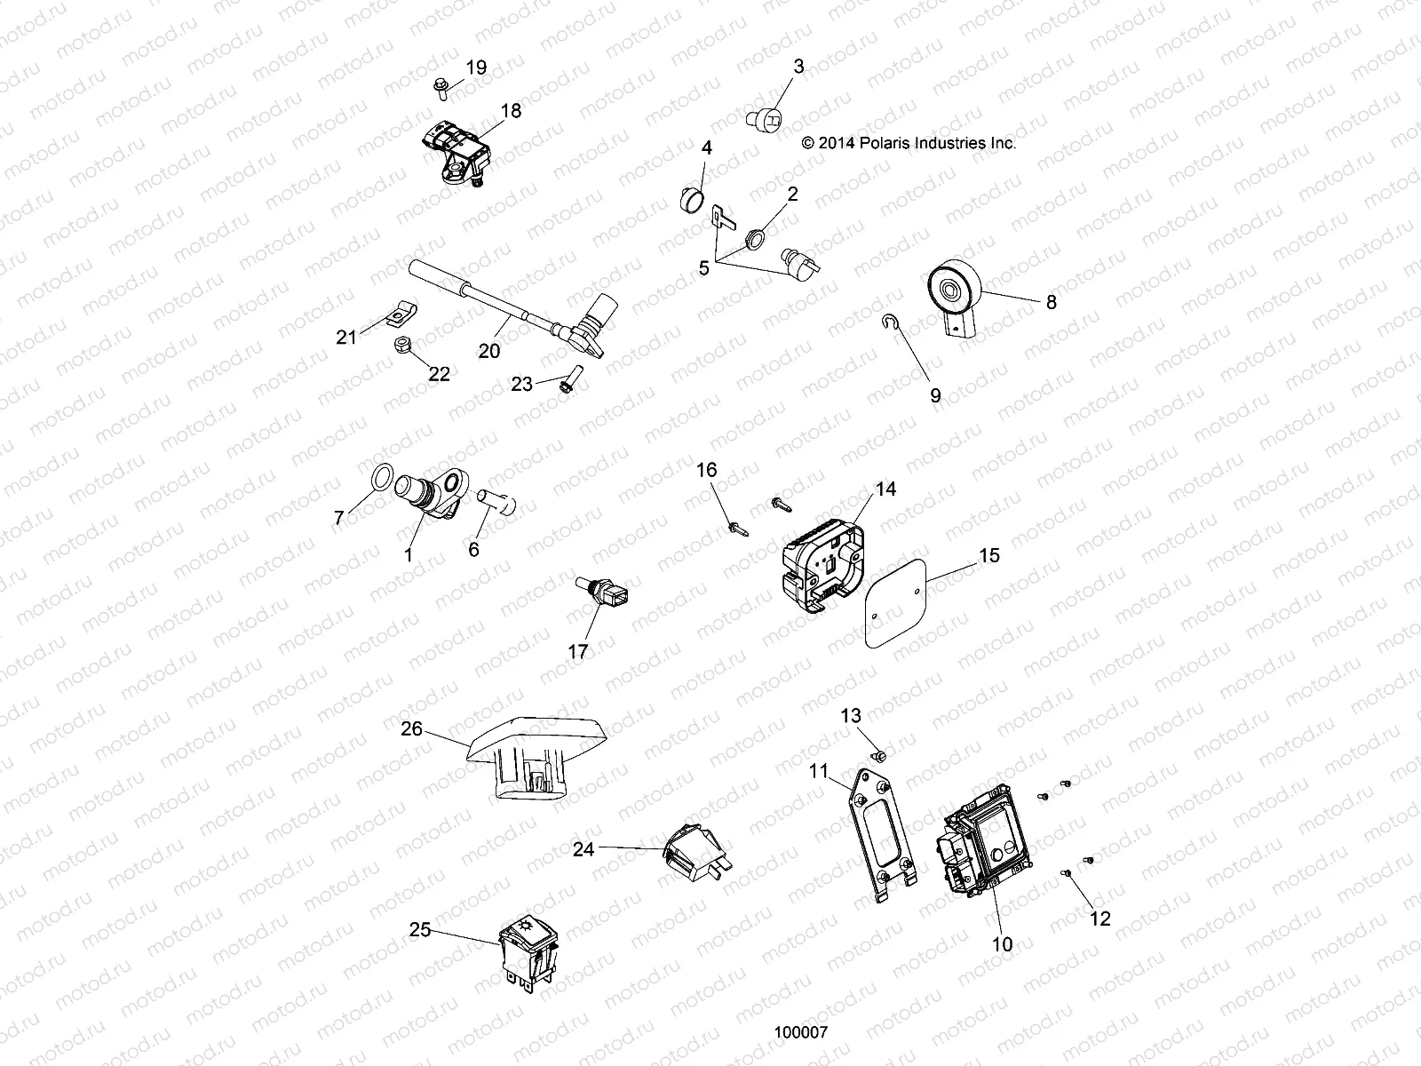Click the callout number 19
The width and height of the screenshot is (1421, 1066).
[x=476, y=68]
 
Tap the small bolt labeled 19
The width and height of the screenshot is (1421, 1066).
[x=441, y=86]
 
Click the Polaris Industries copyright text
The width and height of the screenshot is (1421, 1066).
[x=908, y=142]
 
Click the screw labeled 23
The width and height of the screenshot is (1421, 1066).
[x=574, y=380]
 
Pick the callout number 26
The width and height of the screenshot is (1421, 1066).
[x=411, y=729]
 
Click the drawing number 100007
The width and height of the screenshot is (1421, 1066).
[x=801, y=1033]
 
